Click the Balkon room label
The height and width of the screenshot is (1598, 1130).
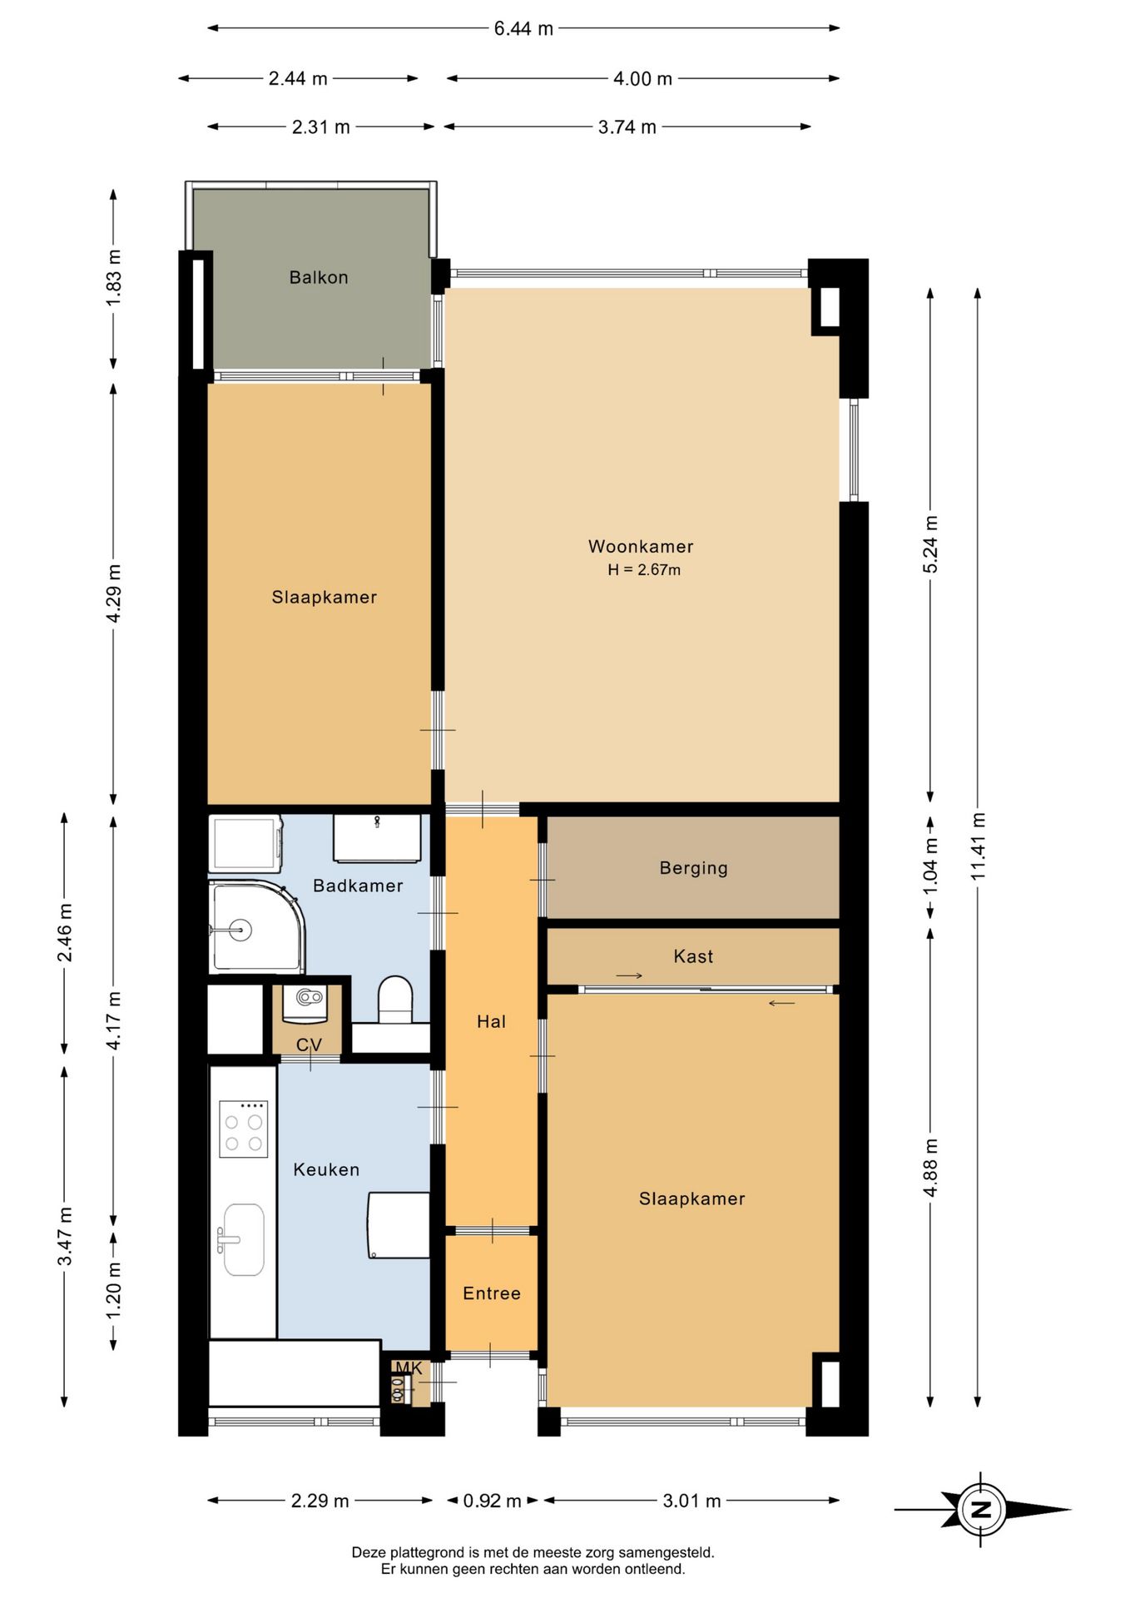click(x=319, y=277)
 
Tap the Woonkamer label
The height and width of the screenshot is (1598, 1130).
click(x=641, y=547)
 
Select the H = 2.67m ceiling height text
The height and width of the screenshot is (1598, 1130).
click(x=644, y=570)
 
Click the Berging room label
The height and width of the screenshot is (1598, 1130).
click(x=693, y=868)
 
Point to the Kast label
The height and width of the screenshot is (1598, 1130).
click(x=693, y=956)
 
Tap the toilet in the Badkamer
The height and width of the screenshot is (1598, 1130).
click(x=395, y=999)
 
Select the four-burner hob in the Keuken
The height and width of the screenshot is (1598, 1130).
click(x=244, y=1129)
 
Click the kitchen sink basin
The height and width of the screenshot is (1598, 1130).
click(x=244, y=1239)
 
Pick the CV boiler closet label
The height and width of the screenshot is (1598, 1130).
click(x=309, y=1045)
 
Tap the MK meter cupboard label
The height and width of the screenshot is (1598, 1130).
click(x=409, y=1367)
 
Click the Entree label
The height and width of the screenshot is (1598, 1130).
click(x=492, y=1293)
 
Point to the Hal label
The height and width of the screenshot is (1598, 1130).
click(x=491, y=1022)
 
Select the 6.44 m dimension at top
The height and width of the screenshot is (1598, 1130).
click(x=523, y=28)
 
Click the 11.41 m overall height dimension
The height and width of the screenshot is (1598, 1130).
click(x=978, y=846)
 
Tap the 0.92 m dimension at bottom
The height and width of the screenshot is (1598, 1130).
click(x=492, y=1501)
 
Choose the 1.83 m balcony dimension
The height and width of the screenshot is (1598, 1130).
click(x=114, y=278)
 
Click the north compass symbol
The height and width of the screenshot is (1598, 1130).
click(x=982, y=1509)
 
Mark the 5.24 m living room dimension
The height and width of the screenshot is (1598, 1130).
click(x=930, y=544)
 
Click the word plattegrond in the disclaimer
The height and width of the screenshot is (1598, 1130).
click(x=426, y=1553)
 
